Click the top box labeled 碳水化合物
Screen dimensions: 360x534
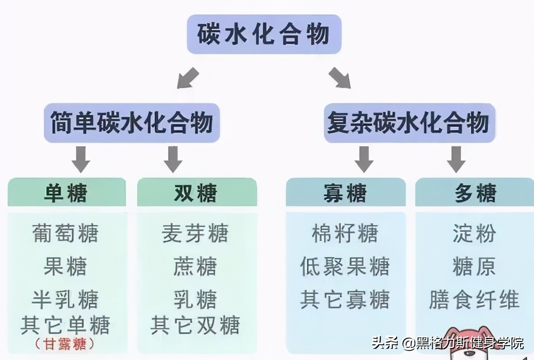264,34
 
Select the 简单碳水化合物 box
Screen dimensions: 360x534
132,123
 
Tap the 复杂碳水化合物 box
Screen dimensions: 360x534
409,123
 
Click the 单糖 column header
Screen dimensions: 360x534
66,193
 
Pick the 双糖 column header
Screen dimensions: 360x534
197,193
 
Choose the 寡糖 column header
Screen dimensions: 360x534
345,193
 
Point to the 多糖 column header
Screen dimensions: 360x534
474,193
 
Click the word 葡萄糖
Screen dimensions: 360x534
65,234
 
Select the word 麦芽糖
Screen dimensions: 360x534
195,234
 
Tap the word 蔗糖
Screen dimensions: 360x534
195,266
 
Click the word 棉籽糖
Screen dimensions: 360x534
345,234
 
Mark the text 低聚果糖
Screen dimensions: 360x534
345,266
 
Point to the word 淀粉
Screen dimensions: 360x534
474,234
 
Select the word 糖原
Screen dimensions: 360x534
474,266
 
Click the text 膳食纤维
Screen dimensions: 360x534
474,300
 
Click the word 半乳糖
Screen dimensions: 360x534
65,300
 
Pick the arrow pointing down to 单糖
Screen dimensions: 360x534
81,159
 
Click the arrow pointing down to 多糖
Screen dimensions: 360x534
456,159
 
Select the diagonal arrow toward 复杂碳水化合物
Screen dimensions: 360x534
340,77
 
